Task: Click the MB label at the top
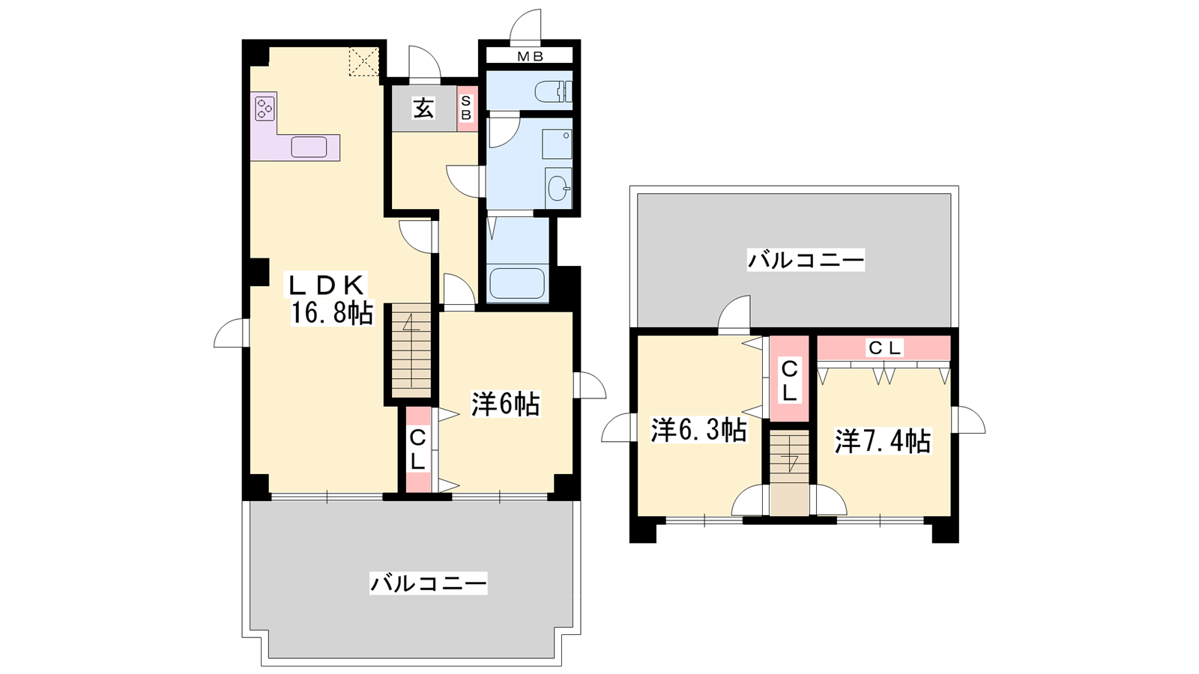tap(530, 56)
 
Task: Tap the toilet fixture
tap(554, 91)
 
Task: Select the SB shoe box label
tap(466, 108)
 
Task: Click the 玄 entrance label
tap(423, 109)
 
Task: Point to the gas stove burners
tap(264, 108)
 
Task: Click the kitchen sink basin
tap(309, 147)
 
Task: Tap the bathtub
tap(517, 283)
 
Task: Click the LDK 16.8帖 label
tap(330, 299)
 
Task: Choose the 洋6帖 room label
tap(505, 404)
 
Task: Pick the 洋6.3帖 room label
tap(698, 429)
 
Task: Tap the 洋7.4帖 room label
tap(883, 441)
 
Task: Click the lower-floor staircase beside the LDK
tap(411, 350)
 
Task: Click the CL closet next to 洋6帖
tap(418, 450)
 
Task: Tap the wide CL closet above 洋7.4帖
tap(884, 347)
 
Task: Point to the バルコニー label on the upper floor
tap(806, 261)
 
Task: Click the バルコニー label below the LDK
tap(428, 583)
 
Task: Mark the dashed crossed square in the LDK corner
tap(364, 62)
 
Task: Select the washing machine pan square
tap(558, 143)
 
